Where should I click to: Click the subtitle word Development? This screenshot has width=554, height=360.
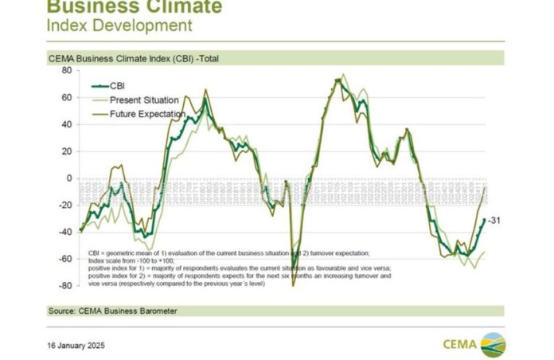(143, 25)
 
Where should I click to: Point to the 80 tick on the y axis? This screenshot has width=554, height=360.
(67, 70)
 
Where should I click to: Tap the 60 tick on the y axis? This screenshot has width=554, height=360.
(67, 97)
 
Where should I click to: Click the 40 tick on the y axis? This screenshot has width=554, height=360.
(67, 124)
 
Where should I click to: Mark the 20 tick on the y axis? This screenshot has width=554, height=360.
(67, 151)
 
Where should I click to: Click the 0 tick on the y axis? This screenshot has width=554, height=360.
(69, 178)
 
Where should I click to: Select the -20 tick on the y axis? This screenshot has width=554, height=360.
(65, 205)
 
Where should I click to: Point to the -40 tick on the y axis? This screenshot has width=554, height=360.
(65, 233)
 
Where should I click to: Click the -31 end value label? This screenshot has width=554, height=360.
(493, 220)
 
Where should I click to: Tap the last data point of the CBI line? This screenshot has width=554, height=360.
(484, 220)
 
